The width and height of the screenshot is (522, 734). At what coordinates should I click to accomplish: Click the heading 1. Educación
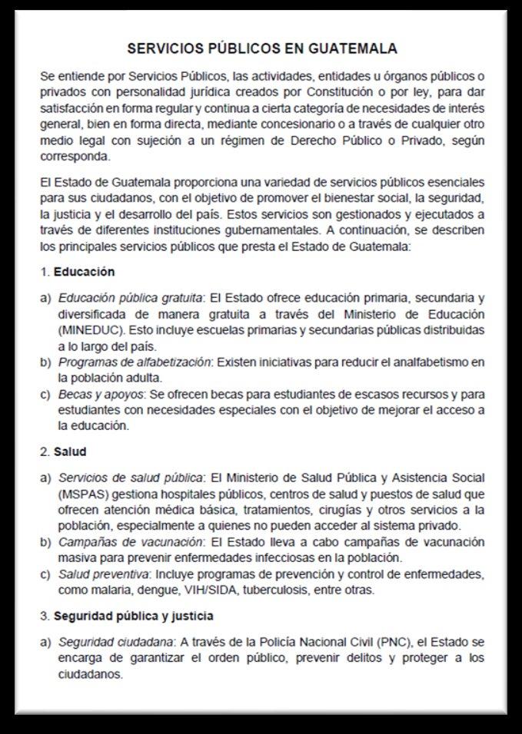pos(78,272)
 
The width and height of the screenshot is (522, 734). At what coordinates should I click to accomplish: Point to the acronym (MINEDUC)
pos(86,329)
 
